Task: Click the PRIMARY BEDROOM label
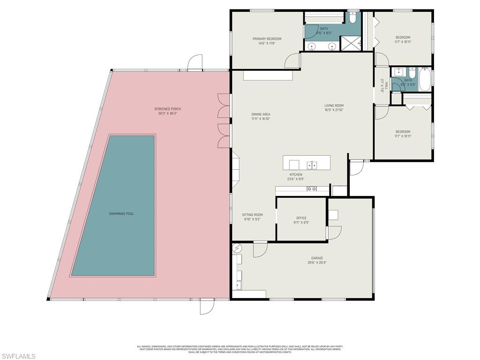click(x=267, y=39)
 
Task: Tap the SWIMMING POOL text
click(x=121, y=214)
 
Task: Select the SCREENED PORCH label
click(x=166, y=109)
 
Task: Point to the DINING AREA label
click(x=261, y=114)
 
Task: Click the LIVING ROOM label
click(x=334, y=105)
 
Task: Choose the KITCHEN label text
click(x=295, y=174)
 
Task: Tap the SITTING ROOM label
click(x=252, y=215)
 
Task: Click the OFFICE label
click(x=301, y=218)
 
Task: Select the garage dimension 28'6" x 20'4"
click(x=317, y=263)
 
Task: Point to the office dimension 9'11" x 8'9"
click(x=301, y=223)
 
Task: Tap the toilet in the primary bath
click(x=352, y=17)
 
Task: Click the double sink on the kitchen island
click(x=312, y=165)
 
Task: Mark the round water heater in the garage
click(x=237, y=247)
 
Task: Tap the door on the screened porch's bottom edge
click(x=207, y=306)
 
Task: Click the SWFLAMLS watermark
click(x=18, y=356)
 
